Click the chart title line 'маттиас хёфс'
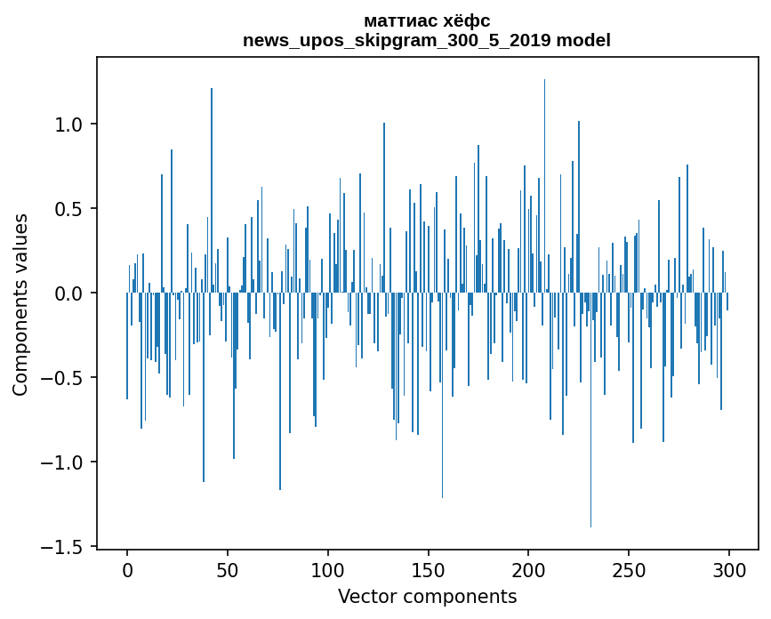coord(427,20)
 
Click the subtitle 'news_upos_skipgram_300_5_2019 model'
coord(427,40)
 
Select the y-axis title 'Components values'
coord(20,304)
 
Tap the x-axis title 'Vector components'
coord(427,596)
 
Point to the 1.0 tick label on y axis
coord(69,125)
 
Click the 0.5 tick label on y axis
coord(69,209)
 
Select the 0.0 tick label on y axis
coord(69,293)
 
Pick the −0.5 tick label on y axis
coord(64,378)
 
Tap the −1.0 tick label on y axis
coord(64,462)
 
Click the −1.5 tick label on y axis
coord(64,546)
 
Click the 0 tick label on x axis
coord(127,569)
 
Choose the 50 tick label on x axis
coord(228,569)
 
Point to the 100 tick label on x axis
coord(328,569)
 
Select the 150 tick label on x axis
coord(429,569)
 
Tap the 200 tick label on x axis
coord(529,569)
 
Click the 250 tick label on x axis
coord(630,569)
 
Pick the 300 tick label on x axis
coord(729,569)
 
